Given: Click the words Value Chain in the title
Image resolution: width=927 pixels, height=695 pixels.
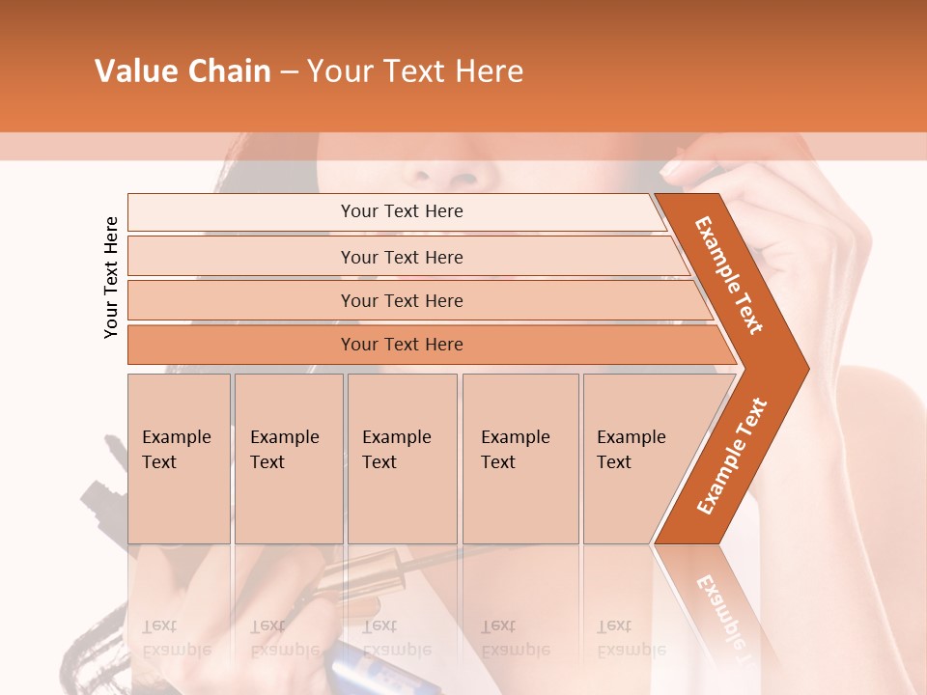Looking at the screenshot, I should click(183, 71).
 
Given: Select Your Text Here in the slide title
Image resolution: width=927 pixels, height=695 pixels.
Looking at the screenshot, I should click(414, 71).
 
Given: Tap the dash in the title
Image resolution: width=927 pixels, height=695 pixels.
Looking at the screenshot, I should click(289, 72).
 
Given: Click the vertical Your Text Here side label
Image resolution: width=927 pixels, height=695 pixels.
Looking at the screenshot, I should click(111, 277).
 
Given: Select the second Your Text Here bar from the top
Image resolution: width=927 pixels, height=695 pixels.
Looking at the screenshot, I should click(402, 257).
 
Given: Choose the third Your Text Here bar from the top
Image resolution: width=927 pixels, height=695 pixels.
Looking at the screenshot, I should click(402, 300).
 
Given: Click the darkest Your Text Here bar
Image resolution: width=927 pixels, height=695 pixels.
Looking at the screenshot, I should click(402, 345).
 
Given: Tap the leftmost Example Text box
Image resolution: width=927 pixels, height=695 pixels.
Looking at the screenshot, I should click(179, 458).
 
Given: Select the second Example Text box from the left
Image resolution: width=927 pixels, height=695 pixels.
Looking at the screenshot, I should click(288, 458).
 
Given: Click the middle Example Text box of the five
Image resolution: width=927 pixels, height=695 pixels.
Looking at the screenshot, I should click(402, 458).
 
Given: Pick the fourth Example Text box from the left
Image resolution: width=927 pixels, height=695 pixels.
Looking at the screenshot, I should click(520, 458).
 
